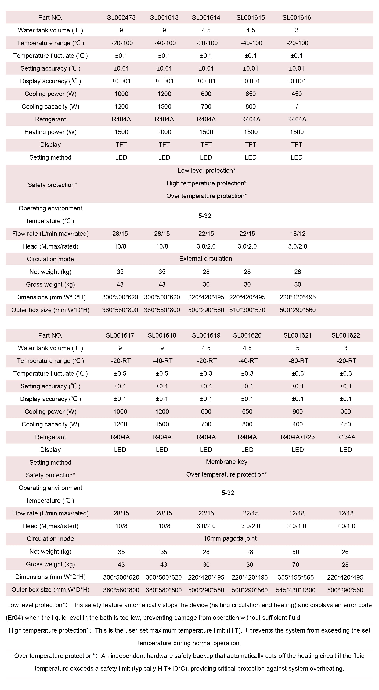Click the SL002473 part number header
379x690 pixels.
(x=121, y=18)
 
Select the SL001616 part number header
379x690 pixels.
(x=297, y=18)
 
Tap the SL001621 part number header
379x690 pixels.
(x=298, y=335)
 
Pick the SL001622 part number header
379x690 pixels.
(x=346, y=335)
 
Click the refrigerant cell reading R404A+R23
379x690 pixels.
(x=298, y=437)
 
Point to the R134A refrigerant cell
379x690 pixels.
(x=346, y=437)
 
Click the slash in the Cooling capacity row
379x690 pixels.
(x=297, y=107)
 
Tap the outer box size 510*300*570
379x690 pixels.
(x=247, y=310)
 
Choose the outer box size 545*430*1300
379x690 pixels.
(x=296, y=590)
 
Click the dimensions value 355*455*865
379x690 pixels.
(x=296, y=577)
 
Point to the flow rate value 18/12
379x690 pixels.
(x=298, y=234)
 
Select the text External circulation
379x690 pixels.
(x=205, y=259)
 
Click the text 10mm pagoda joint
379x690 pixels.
(x=230, y=539)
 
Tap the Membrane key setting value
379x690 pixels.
(x=226, y=462)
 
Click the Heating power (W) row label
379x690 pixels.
(x=50, y=132)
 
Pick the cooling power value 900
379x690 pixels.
(x=298, y=412)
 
